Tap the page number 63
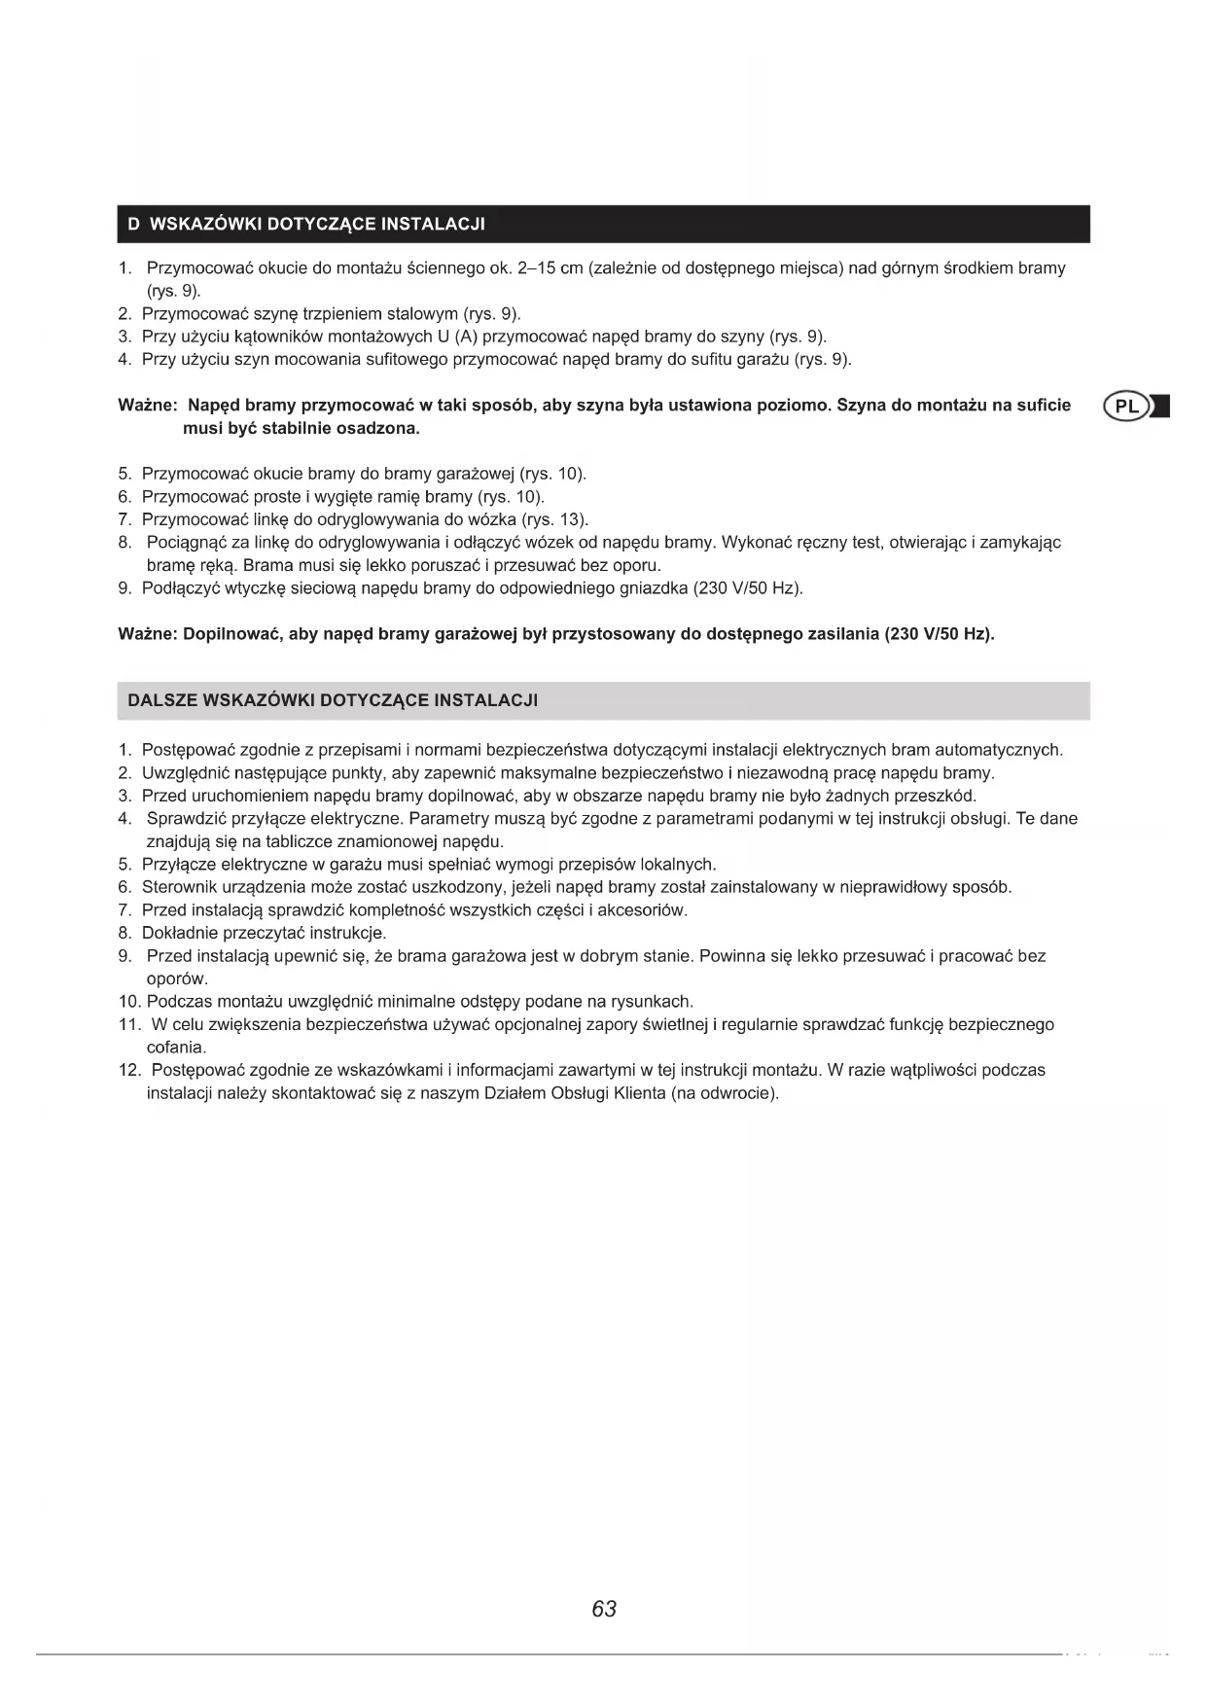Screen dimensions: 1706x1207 (604, 1609)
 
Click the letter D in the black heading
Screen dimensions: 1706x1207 (134, 225)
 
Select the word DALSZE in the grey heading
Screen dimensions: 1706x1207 (160, 700)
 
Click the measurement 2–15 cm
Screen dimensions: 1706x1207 (550, 268)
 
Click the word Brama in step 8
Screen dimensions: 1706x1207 (266, 565)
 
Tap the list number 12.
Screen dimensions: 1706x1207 (129, 1070)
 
